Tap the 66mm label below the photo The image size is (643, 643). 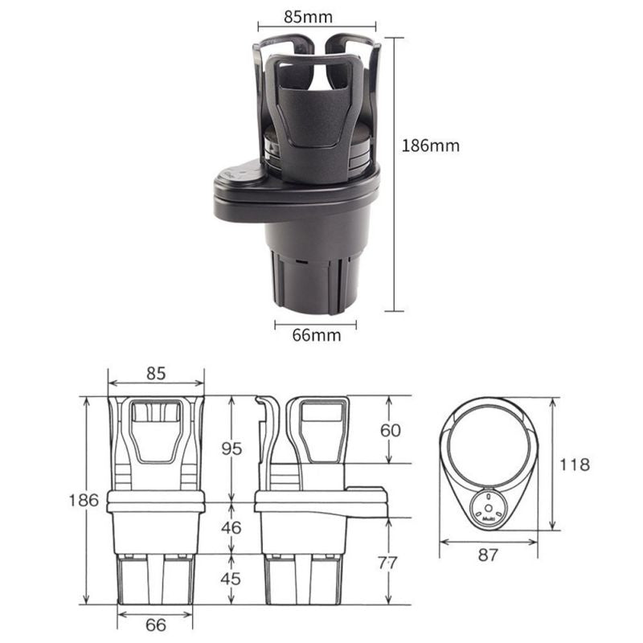tap(316, 335)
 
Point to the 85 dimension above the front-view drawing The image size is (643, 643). tap(156, 374)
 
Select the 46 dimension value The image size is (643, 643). tap(231, 528)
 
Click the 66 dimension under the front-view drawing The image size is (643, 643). tap(156, 625)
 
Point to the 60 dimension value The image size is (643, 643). tap(390, 430)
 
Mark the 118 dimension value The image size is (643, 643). tap(574, 465)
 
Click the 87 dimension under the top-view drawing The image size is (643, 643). tap(489, 555)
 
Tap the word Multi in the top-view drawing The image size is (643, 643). tap(488, 520)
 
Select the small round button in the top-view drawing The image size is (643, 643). tap(488, 506)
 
